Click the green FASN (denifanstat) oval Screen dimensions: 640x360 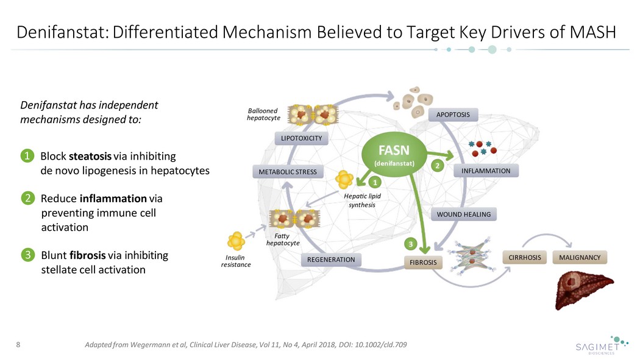[394, 155]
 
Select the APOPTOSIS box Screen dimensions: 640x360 [453, 115]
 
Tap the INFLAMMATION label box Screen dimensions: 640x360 [486, 171]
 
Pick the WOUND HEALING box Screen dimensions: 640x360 [464, 214]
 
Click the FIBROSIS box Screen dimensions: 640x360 [423, 263]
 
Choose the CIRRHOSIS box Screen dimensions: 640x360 [524, 258]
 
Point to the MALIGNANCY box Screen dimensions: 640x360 [580, 258]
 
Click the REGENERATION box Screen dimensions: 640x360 [331, 259]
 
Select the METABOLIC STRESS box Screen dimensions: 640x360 [288, 172]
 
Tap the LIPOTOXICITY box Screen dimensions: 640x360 [302, 138]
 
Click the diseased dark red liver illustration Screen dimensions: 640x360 [583, 290]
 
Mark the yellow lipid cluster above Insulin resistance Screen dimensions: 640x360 [236, 241]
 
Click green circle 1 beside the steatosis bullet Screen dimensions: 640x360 [27, 156]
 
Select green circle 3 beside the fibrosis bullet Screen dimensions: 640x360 [28, 255]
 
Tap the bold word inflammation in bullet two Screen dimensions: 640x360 [113, 199]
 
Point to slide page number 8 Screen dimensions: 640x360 [18, 345]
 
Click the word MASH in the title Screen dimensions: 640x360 [593, 32]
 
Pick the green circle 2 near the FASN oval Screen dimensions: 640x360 [438, 166]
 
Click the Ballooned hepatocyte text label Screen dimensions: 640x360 [264, 114]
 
